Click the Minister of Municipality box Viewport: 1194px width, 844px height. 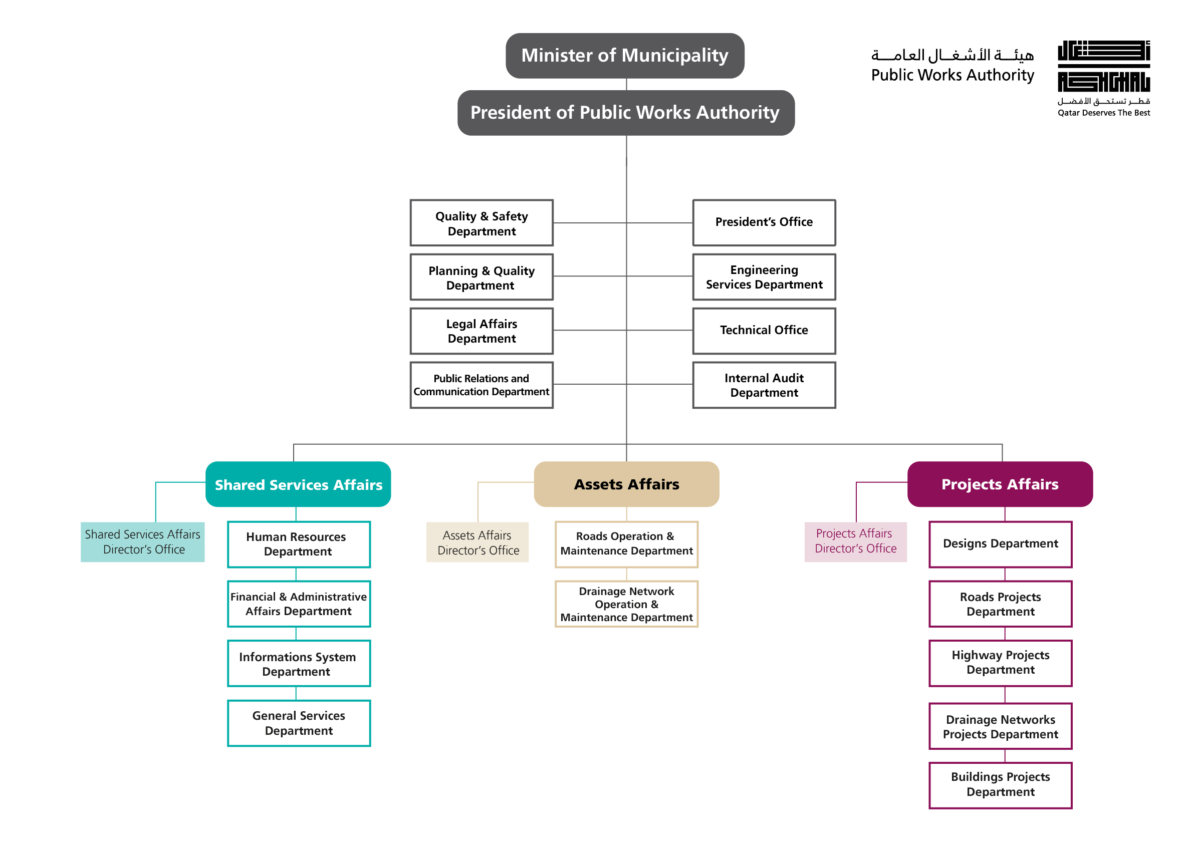[625, 56]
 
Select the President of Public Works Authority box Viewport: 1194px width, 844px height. [626, 113]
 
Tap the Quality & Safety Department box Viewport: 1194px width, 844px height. [481, 223]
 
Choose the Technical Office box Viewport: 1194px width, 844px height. [764, 331]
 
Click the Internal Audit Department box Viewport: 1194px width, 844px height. [764, 385]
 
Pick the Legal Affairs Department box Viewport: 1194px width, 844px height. [481, 331]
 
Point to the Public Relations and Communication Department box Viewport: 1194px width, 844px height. [481, 385]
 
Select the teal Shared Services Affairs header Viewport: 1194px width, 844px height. [298, 484]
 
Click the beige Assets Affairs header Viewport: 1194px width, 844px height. [626, 484]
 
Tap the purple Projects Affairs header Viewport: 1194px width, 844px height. [1000, 484]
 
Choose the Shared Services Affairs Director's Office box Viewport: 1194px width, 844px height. [142, 542]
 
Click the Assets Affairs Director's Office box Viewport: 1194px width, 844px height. [477, 542]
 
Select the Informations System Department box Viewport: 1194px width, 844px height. [299, 664]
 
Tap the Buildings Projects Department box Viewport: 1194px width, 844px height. [1000, 785]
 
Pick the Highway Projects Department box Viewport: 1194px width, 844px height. [1000, 663]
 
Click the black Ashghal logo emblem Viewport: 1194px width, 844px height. [1103, 66]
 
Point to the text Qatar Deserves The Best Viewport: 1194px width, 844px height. [1103, 113]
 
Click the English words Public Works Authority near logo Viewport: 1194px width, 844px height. [952, 76]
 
